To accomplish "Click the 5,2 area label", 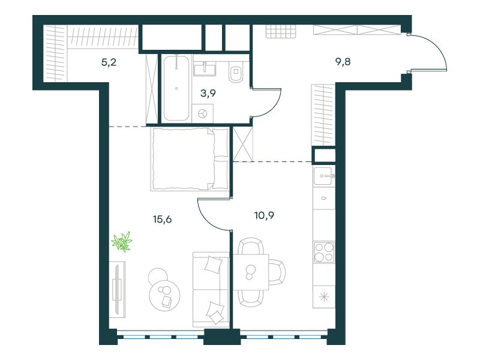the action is click(109, 62).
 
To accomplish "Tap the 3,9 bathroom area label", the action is click(208, 93).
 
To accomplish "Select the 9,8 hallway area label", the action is click(343, 62).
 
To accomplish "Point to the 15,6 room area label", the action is click(162, 219).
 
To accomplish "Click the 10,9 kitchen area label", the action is click(264, 215).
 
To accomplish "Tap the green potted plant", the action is click(122, 242).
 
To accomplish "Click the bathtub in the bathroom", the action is click(176, 88).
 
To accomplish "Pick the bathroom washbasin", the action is click(205, 69).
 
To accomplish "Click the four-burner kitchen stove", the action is click(324, 252).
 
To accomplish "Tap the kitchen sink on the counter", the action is click(324, 176).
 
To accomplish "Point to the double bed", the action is click(190, 159).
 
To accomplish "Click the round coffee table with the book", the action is click(164, 296).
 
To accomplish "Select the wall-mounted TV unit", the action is click(117, 289).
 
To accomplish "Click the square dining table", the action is click(251, 272).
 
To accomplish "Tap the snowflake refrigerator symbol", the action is click(324, 297).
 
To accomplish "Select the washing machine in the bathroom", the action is click(203, 113).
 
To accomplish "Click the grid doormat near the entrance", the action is click(281, 31).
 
